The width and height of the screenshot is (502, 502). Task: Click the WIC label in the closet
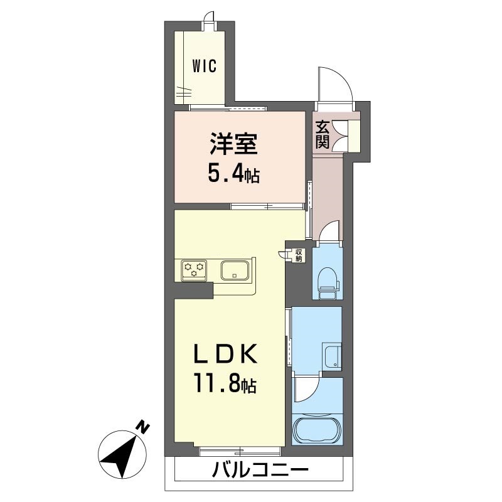(x=205, y=66)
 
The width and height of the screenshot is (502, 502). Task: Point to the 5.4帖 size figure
(x=233, y=174)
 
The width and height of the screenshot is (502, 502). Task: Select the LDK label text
(x=225, y=353)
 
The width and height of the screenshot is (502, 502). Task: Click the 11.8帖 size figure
(x=225, y=383)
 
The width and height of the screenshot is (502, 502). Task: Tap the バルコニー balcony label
(x=260, y=469)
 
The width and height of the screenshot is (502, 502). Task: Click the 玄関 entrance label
(x=322, y=134)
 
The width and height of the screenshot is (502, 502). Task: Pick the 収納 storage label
(x=299, y=255)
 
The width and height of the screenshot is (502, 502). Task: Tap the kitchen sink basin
(x=235, y=271)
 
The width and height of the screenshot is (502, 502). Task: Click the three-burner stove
(x=194, y=271)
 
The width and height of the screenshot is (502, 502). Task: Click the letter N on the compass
(x=143, y=427)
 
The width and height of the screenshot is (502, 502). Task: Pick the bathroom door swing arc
(x=308, y=390)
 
